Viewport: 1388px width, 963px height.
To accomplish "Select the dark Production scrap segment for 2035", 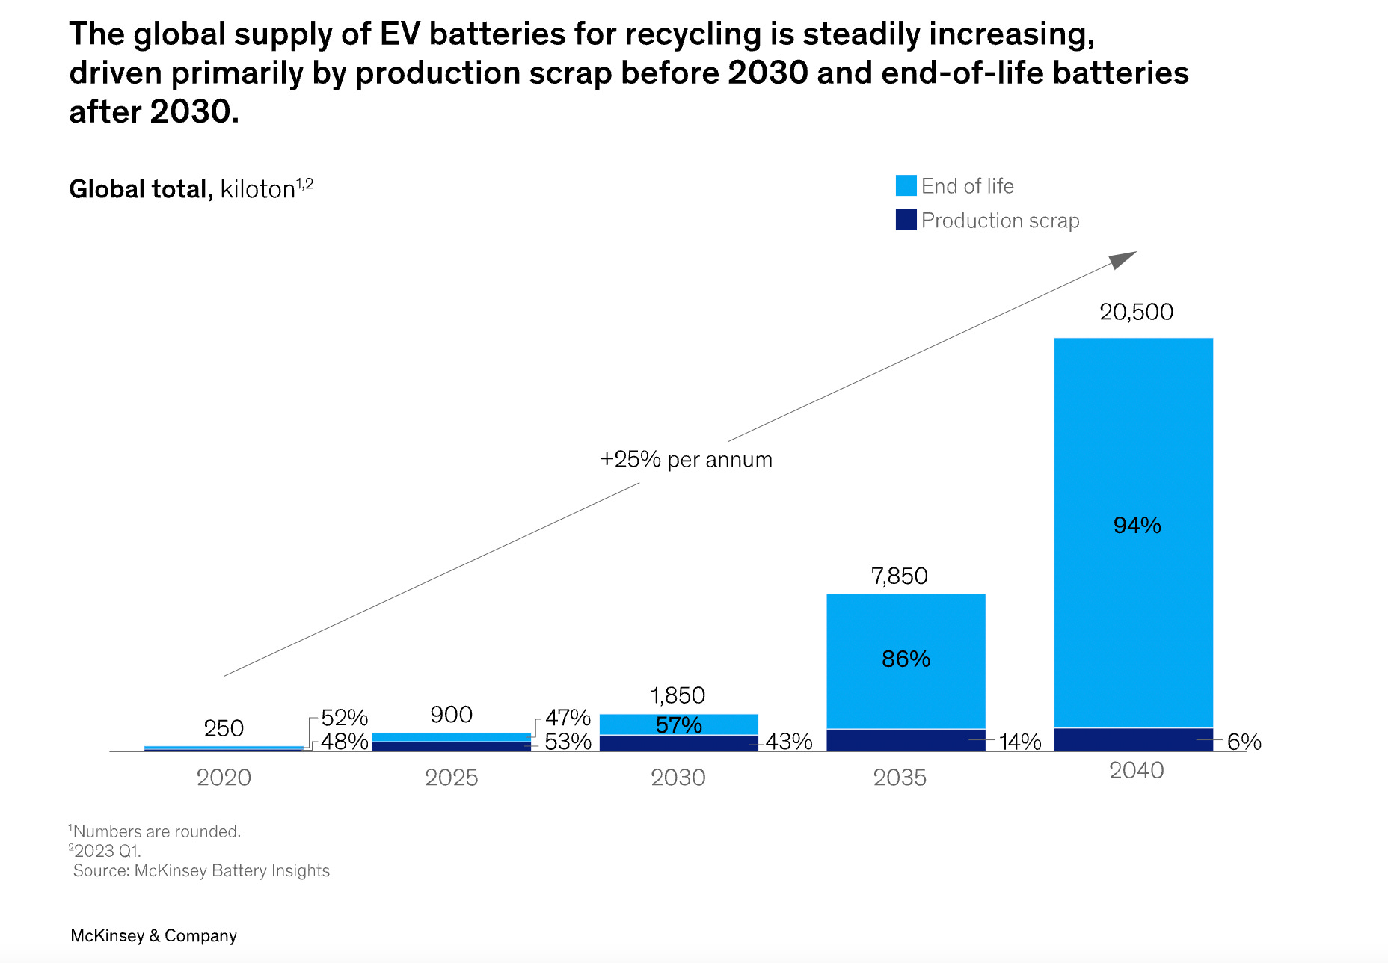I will pyautogui.click(x=905, y=739).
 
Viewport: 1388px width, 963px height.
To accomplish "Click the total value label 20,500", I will pyautogui.click(x=1136, y=312).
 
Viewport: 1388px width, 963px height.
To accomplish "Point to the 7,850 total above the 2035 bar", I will pyautogui.click(x=899, y=576).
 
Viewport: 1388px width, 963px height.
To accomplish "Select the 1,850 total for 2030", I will pyautogui.click(x=678, y=695).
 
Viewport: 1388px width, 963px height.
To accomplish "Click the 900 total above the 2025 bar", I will pyautogui.click(x=451, y=715).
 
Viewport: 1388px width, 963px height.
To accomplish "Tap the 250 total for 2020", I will pyautogui.click(x=224, y=728).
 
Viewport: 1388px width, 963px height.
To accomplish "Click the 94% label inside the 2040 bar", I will pyautogui.click(x=1137, y=526).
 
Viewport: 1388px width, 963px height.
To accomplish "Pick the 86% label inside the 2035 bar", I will pyautogui.click(x=906, y=659).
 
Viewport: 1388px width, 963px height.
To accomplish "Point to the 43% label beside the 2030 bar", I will pyautogui.click(x=788, y=742).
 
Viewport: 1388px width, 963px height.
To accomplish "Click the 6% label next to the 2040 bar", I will pyautogui.click(x=1244, y=742).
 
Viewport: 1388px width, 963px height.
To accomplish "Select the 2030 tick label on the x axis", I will pyautogui.click(x=678, y=778).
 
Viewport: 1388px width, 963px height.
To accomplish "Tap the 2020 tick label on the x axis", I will pyautogui.click(x=224, y=778).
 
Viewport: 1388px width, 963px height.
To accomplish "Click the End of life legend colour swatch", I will pyautogui.click(x=906, y=186).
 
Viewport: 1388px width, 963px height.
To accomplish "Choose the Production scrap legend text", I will pyautogui.click(x=1000, y=221).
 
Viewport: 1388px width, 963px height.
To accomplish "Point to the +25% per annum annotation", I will pyautogui.click(x=686, y=459).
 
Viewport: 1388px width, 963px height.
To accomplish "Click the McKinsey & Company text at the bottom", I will pyautogui.click(x=153, y=935).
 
